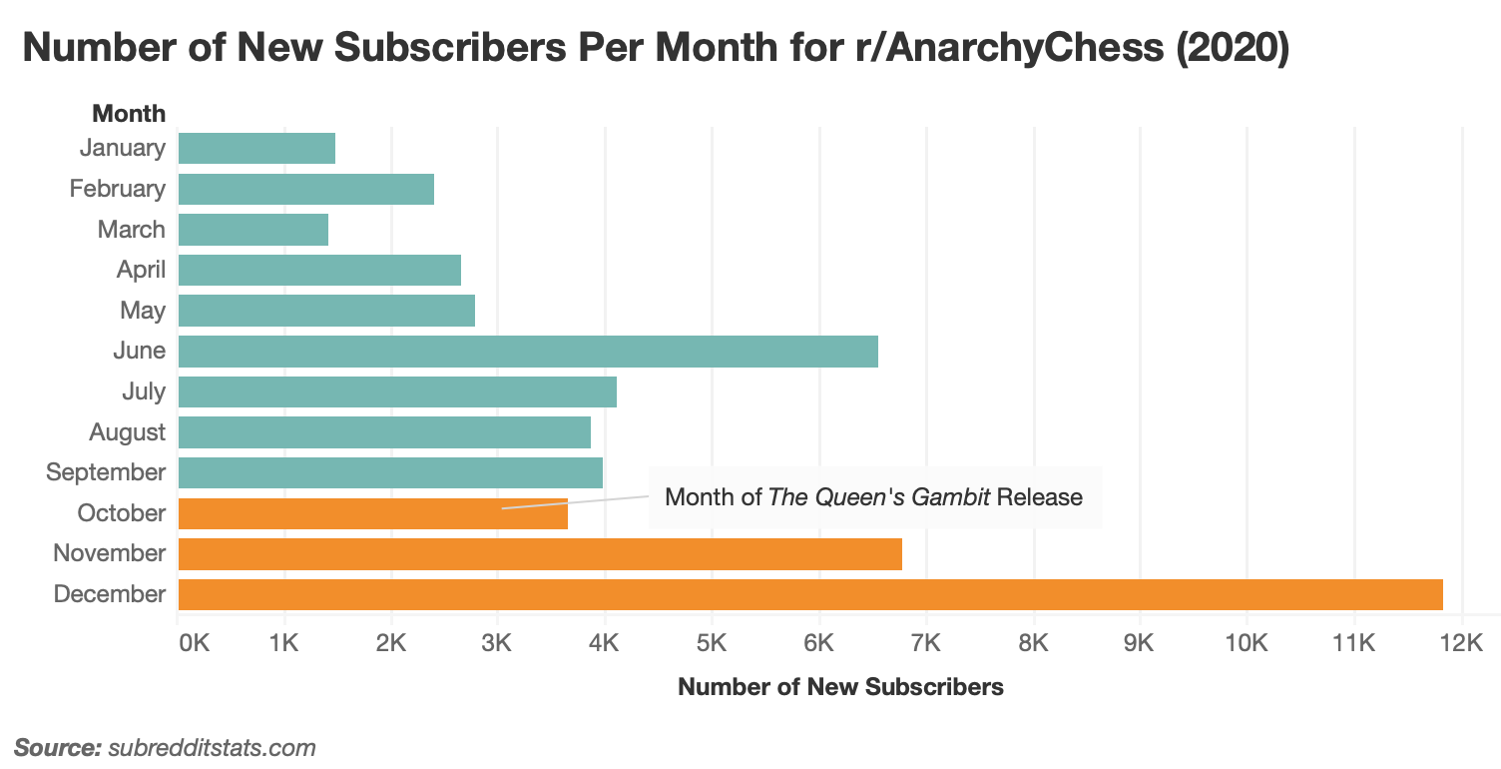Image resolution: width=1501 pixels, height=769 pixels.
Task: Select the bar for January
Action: pos(256,148)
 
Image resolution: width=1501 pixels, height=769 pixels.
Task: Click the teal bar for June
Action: pos(528,351)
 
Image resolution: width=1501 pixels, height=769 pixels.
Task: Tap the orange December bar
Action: pos(810,594)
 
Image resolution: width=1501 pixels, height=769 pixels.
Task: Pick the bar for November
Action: pos(540,553)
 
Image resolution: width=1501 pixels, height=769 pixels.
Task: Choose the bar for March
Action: pos(253,229)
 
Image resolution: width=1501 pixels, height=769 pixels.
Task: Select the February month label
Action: pos(117,189)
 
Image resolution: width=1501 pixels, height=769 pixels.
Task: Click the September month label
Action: pos(106,472)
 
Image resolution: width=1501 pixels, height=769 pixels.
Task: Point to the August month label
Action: pos(127,432)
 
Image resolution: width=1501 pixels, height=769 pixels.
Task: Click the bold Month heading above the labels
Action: pos(129,113)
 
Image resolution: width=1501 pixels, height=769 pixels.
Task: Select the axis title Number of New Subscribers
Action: pos(840,687)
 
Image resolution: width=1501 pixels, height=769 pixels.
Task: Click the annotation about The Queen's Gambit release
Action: pos(873,496)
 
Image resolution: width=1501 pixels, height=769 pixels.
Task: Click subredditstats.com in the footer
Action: pos(212,747)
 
